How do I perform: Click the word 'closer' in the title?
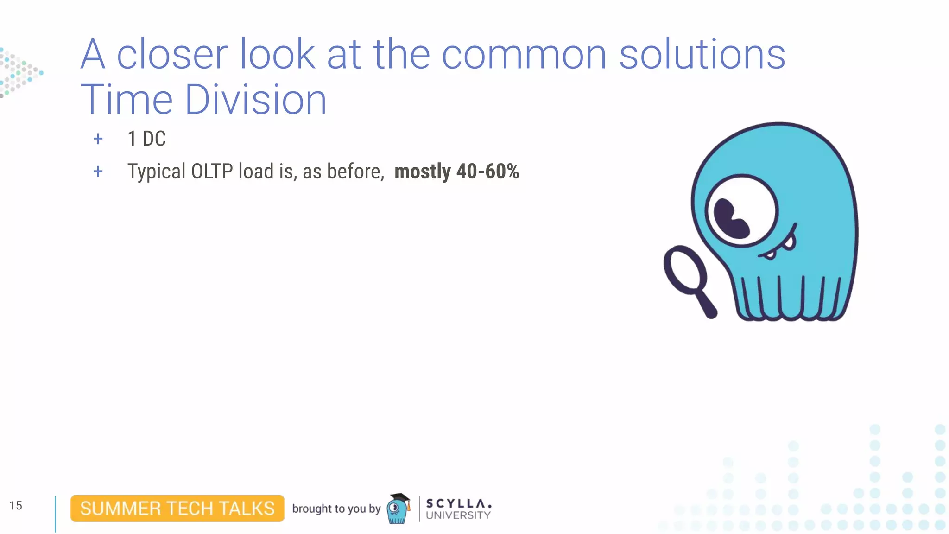point(172,55)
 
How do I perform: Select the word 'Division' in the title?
point(256,100)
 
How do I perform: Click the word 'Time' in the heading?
point(127,100)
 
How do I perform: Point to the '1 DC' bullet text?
point(146,139)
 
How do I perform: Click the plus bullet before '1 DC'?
point(98,139)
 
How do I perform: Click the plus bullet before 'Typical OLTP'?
point(98,172)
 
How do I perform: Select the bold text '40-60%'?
point(487,172)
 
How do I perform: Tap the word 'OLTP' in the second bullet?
point(212,172)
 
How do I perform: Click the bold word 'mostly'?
point(422,172)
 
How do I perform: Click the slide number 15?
point(16,505)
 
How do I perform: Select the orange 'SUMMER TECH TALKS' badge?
point(177,509)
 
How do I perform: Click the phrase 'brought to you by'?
point(336,509)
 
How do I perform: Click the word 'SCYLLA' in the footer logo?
point(458,503)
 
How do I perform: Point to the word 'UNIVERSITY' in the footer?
point(458,515)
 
